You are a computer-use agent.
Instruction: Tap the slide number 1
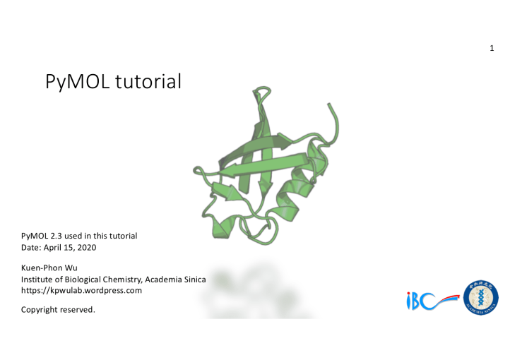(x=491, y=48)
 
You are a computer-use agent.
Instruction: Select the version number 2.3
(x=57, y=235)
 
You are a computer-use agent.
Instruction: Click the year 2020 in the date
(x=85, y=247)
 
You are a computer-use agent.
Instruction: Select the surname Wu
(x=71, y=268)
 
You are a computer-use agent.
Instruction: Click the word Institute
(x=37, y=280)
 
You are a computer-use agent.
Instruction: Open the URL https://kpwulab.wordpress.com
(x=81, y=290)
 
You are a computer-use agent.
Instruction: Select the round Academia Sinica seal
(x=481, y=297)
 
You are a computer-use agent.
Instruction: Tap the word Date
(x=30, y=247)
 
